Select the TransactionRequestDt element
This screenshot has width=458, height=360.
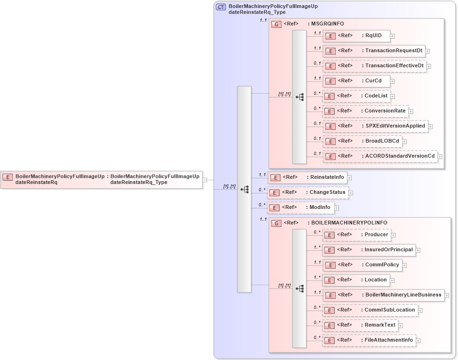[x=373, y=51]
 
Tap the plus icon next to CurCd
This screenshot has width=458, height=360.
[x=393, y=81]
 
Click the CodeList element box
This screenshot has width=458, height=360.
[x=356, y=96]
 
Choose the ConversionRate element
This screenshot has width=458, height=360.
[x=365, y=111]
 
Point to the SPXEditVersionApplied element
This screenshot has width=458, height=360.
[x=375, y=126]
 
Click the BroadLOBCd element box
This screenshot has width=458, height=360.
[x=362, y=141]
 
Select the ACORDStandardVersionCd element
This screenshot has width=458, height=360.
[x=379, y=156]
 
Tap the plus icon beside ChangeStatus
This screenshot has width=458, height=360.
[x=351, y=192]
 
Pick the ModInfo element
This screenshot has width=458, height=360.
[x=301, y=208]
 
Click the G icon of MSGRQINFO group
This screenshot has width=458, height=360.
[x=277, y=24]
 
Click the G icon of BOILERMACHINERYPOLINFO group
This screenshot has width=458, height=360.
[x=277, y=223]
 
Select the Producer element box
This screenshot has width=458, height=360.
[x=356, y=235]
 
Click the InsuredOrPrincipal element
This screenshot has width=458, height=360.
[x=369, y=250]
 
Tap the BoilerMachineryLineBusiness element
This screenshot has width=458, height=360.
[x=383, y=295]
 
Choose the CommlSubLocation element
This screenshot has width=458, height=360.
[x=370, y=310]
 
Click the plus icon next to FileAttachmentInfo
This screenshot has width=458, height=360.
[x=418, y=340]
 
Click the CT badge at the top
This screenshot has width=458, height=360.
[x=221, y=7]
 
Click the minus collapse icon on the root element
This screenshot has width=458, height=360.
[x=205, y=180]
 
